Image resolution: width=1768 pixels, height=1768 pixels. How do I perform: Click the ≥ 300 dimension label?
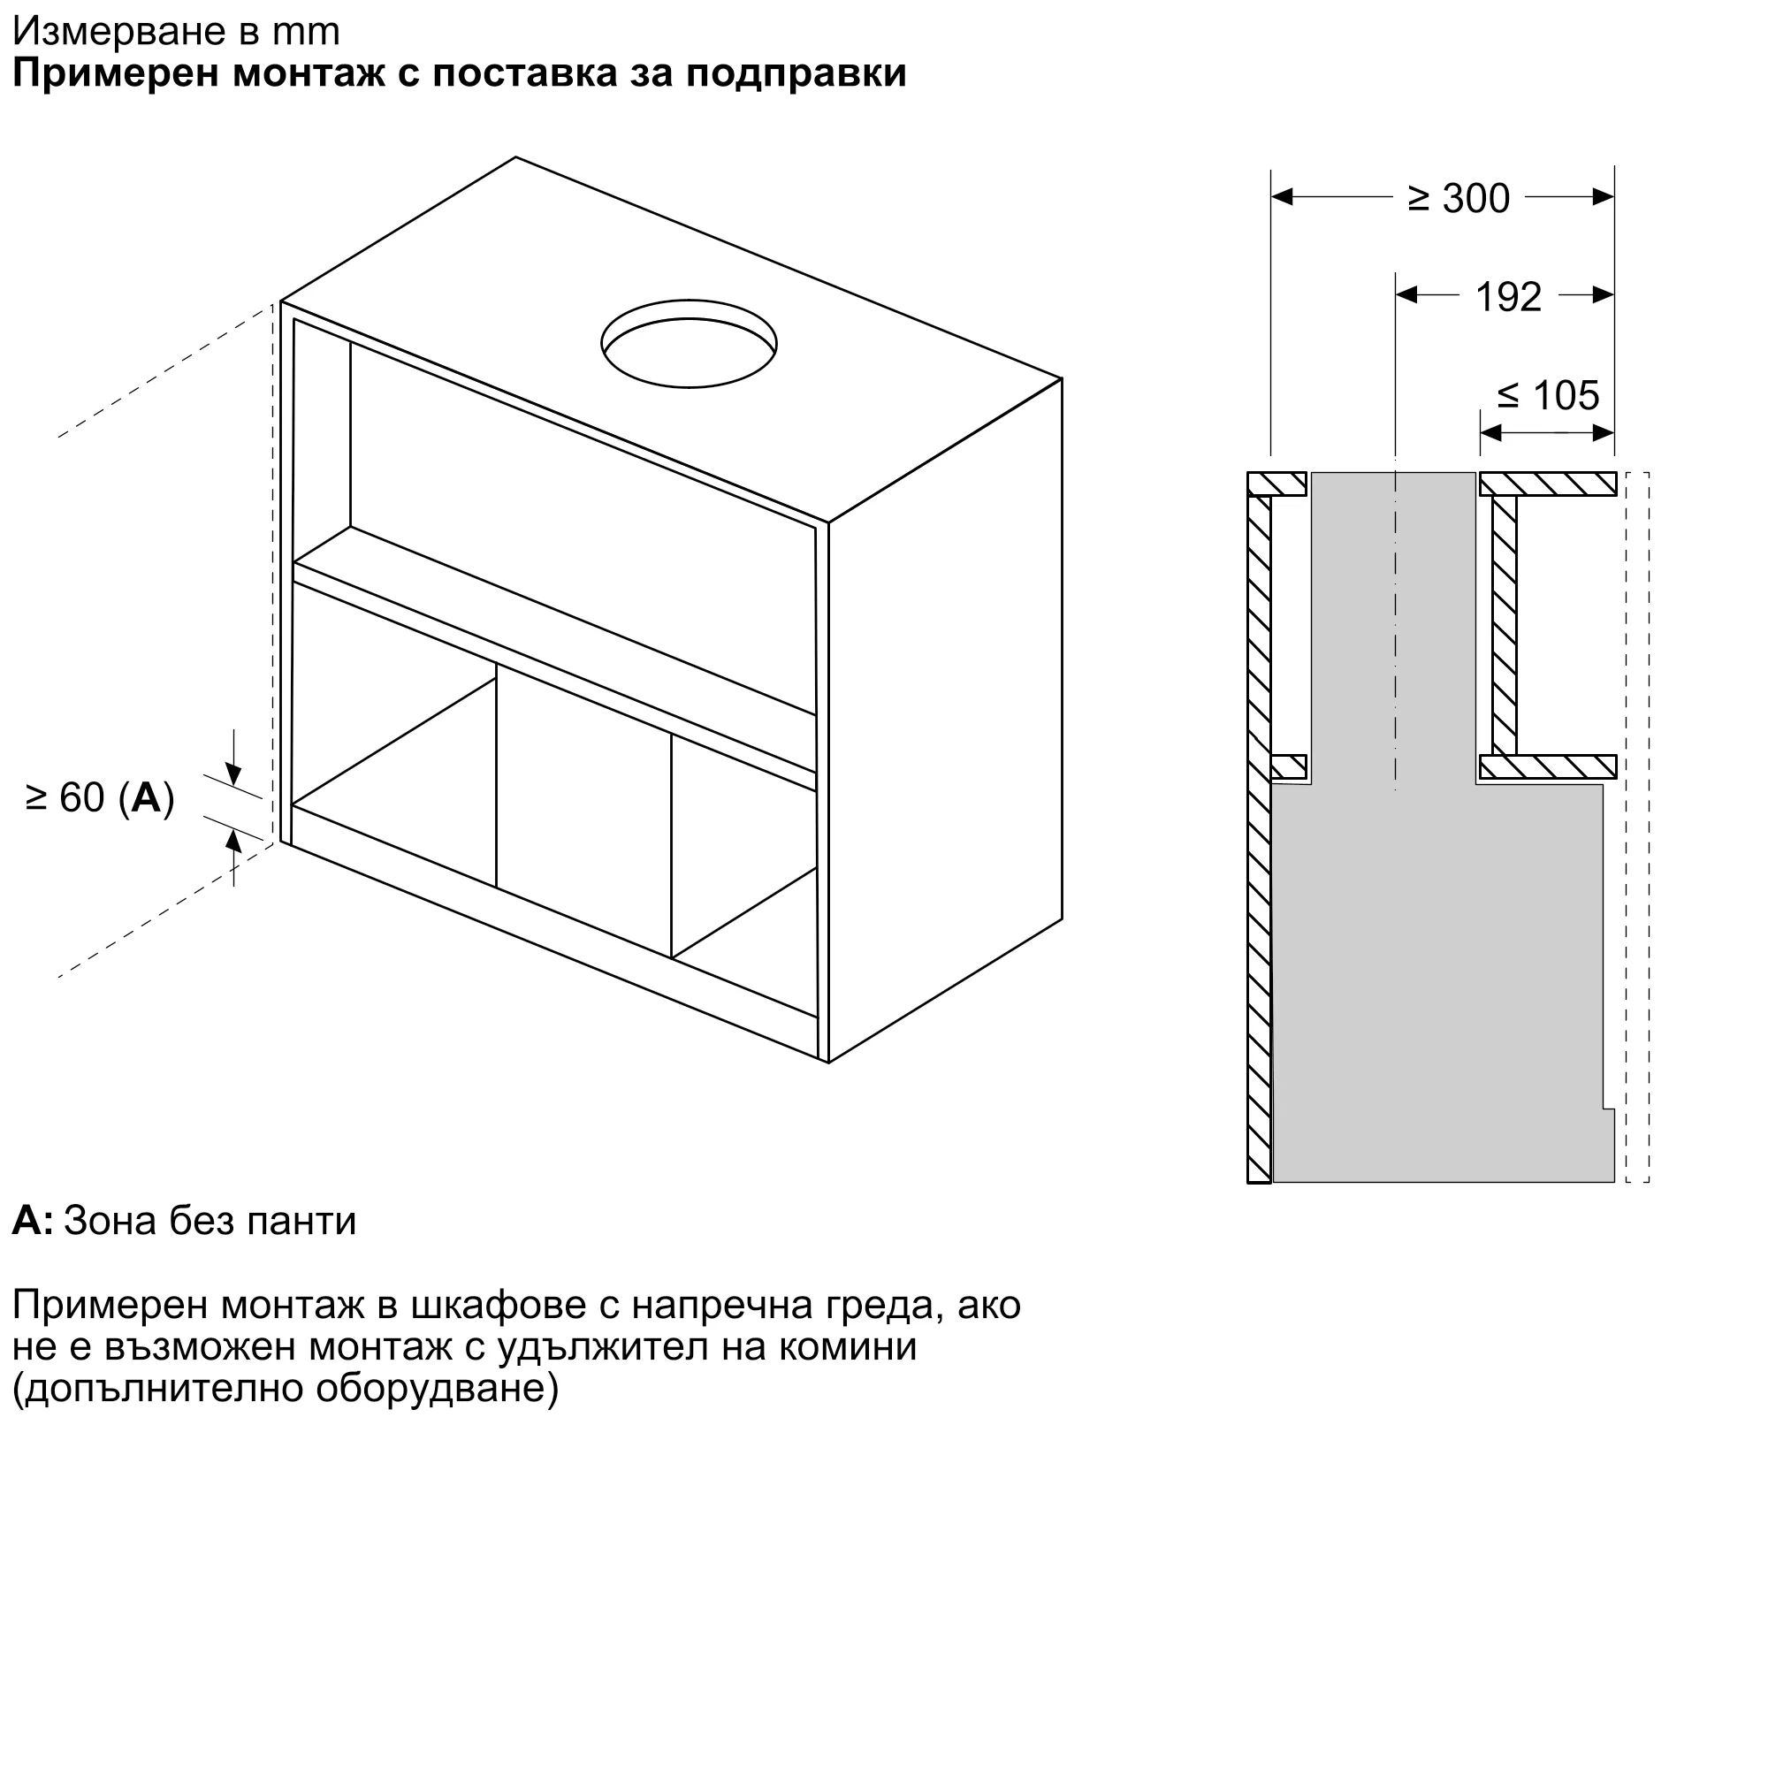tap(1458, 199)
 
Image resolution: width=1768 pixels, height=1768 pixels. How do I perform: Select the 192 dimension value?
tap(1508, 296)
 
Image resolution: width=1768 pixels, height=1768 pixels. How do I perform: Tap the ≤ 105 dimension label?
tap(1549, 395)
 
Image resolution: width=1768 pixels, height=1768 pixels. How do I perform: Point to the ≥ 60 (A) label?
tap(100, 798)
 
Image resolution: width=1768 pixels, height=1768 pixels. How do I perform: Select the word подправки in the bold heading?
tap(796, 73)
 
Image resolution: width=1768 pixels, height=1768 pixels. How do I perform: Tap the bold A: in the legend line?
tap(32, 1221)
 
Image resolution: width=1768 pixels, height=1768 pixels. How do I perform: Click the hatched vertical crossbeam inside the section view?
tap(1504, 625)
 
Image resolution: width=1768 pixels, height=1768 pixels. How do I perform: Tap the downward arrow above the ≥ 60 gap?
tap(233, 775)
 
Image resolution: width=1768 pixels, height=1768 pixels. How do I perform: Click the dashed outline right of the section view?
tap(1637, 824)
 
